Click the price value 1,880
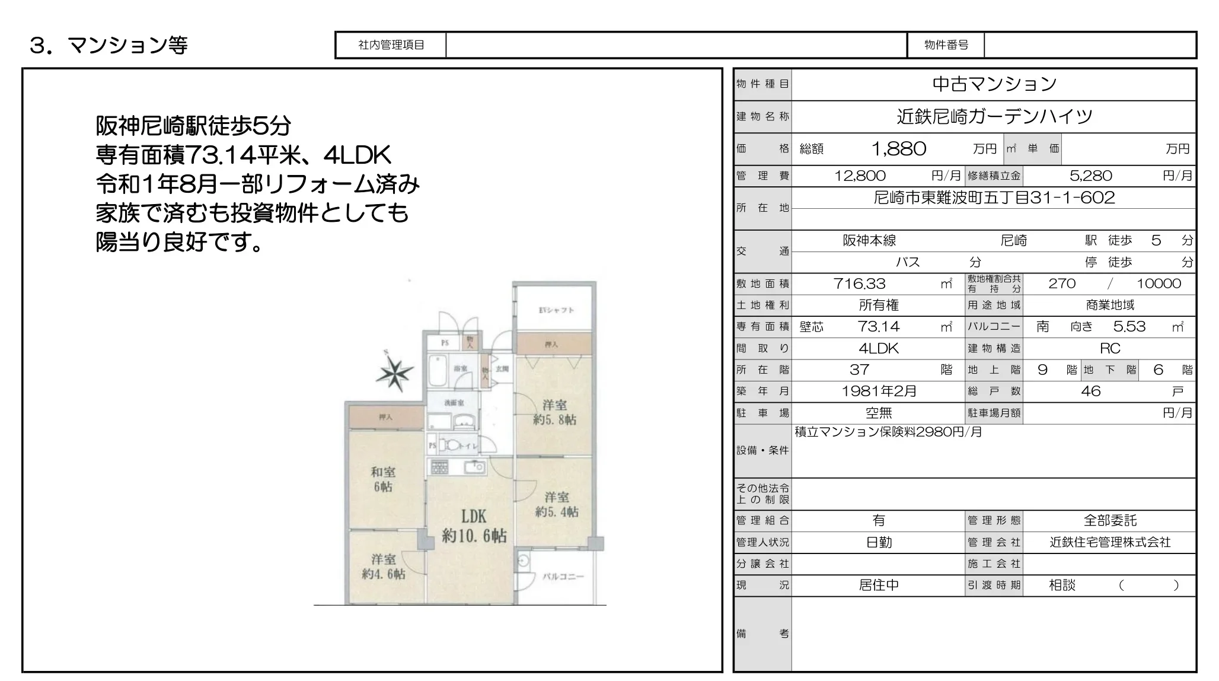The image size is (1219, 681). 898,149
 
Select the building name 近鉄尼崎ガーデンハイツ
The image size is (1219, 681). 994,116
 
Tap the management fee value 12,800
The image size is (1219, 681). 860,176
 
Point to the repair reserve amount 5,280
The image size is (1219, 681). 1090,176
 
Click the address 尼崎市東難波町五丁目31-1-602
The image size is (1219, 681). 994,198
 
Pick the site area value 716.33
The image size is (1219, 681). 860,284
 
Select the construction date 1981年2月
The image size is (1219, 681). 879,392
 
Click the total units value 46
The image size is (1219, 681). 1090,392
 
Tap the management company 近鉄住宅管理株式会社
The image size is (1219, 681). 1110,542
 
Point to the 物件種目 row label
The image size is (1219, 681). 762,84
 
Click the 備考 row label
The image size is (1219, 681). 762,634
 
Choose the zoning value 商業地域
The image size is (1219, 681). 1110,305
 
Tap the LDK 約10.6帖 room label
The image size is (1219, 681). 474,526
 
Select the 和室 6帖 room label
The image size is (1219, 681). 383,479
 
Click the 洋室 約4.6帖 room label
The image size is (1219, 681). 384,567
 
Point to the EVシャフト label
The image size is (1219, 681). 556,310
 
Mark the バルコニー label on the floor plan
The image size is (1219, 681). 563,577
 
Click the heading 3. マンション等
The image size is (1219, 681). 109,45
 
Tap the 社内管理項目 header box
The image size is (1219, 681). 391,45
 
